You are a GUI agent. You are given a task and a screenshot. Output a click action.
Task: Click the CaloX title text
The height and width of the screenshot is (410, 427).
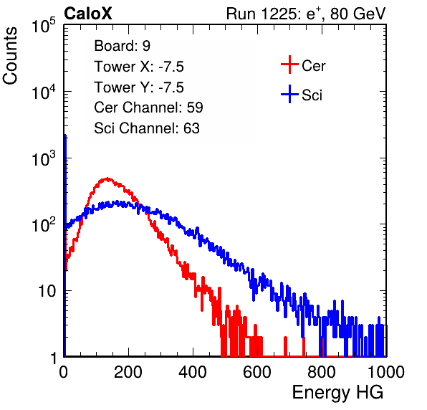pos(88,14)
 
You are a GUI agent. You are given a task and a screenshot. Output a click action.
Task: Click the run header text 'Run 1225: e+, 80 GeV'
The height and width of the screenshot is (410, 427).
pos(306,14)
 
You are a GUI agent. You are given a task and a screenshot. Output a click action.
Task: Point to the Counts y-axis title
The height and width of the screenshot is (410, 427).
pos(10,56)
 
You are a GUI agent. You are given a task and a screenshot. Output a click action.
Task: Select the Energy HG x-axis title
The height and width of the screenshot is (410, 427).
pos(337,393)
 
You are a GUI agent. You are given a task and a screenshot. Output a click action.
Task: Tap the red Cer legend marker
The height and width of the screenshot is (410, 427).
pos(289,65)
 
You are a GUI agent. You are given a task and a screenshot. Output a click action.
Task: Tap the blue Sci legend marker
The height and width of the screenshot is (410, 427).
pos(289,94)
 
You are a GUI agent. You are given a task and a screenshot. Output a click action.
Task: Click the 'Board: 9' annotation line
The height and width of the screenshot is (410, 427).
pos(123,46)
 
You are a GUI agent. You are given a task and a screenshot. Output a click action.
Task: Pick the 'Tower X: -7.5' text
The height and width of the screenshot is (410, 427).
pos(139,67)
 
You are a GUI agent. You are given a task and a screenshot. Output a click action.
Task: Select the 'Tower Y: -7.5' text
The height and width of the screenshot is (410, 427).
pos(139,87)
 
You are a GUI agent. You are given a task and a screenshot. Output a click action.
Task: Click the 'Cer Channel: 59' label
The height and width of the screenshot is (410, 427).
pos(148,108)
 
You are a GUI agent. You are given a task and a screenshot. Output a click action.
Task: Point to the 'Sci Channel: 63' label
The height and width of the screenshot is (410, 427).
pos(147,128)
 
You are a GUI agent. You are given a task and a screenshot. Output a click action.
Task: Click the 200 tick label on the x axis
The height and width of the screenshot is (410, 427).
pos(128,372)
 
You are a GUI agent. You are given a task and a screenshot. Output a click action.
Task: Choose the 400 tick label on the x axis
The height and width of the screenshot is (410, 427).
pos(193,372)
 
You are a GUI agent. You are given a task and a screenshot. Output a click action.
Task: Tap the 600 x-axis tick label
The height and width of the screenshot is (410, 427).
pos(257,372)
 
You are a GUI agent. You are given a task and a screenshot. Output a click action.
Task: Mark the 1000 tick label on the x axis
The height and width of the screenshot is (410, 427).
pos(386,372)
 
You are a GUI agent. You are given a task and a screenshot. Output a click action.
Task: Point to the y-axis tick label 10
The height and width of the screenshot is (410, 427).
pos(47,291)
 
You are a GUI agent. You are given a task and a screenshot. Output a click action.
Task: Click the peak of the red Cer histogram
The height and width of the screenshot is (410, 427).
pos(107,178)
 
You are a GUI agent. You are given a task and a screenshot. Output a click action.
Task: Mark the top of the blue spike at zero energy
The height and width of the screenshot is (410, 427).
pos(65,135)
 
